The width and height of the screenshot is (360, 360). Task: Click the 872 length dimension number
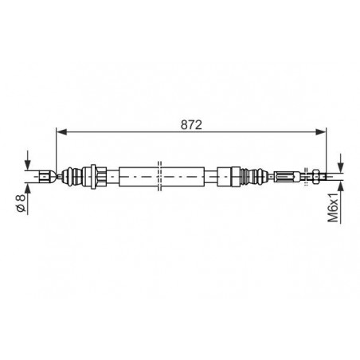191,125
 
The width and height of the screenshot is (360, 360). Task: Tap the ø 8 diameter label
21,203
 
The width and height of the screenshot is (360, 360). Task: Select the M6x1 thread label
333,207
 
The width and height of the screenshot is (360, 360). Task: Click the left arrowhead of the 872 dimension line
61,131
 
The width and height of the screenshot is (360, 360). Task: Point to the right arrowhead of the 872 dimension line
321,131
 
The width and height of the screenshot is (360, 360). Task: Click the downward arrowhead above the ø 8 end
28,165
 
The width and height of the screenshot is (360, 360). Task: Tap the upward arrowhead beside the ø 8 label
28,187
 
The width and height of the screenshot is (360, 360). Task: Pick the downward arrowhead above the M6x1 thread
341,166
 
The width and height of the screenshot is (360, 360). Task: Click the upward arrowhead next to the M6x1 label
341,186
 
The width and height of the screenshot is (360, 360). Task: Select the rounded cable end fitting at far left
48,176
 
